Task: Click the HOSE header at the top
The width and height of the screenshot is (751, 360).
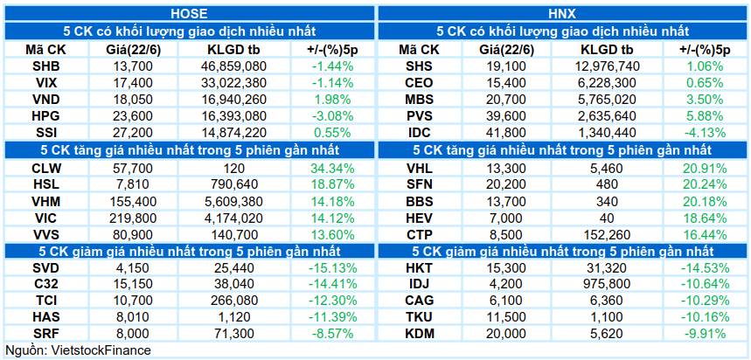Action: (x=189, y=13)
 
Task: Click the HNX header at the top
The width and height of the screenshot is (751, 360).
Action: (x=563, y=13)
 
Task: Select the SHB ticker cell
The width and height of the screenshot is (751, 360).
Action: (x=46, y=66)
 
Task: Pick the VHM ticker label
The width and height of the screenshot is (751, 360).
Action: (x=46, y=202)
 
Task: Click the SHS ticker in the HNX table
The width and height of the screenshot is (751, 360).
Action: (x=418, y=66)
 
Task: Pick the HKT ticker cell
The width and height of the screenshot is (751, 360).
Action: (x=418, y=268)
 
